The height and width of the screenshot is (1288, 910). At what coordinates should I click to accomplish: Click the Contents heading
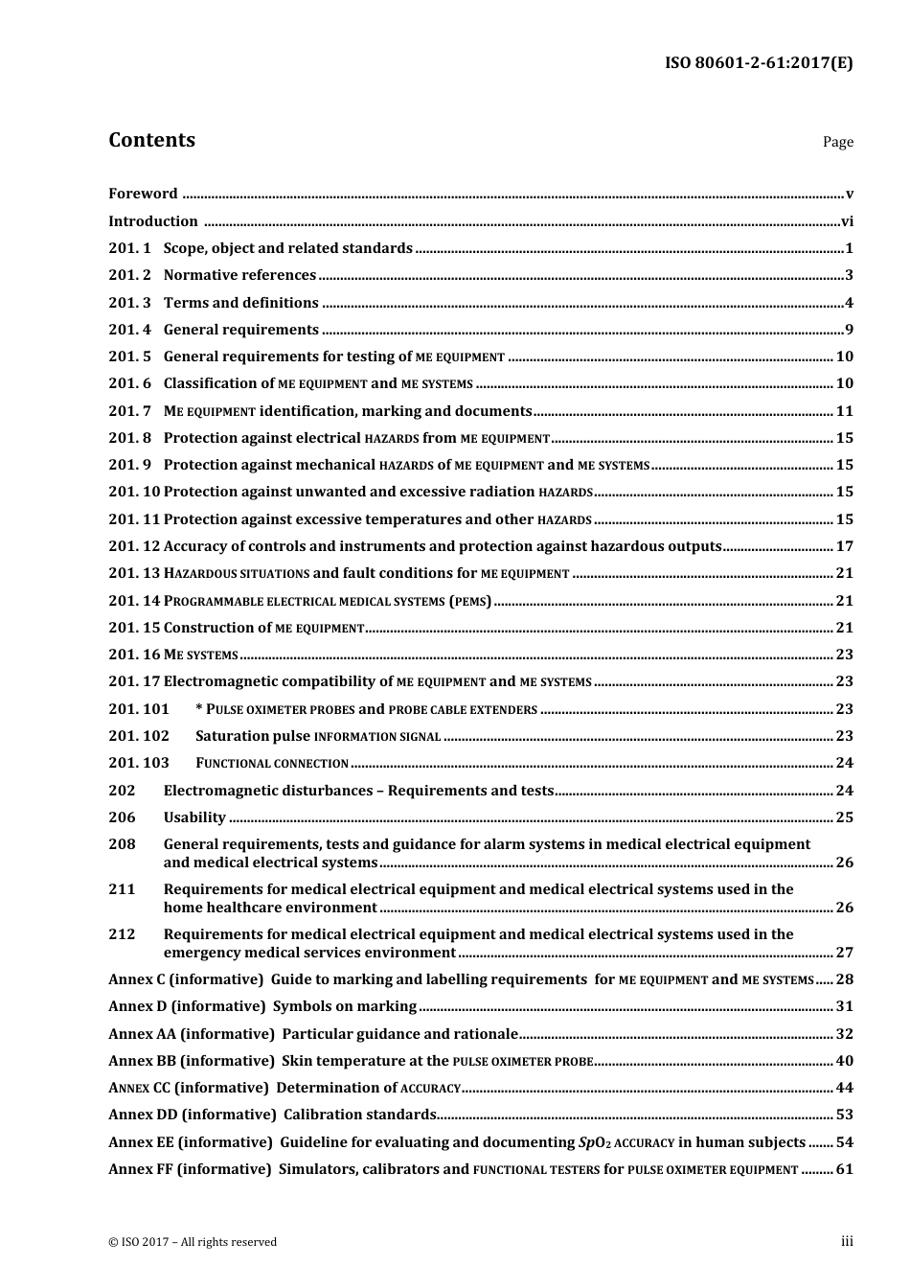(151, 140)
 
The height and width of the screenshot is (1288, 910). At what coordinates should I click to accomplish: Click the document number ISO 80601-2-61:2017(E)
(759, 63)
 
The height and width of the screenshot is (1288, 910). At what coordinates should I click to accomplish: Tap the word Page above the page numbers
(837, 142)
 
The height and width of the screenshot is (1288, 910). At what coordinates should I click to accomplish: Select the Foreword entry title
(143, 194)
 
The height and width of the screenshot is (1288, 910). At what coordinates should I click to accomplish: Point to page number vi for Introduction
(847, 221)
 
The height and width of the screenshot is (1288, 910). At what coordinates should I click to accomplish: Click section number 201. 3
(129, 303)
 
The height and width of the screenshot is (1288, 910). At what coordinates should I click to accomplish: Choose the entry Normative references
(239, 276)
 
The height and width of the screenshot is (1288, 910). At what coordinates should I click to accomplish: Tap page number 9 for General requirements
(849, 330)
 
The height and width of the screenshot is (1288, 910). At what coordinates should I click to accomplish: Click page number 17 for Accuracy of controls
(844, 546)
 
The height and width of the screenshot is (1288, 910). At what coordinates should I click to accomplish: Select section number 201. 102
(138, 736)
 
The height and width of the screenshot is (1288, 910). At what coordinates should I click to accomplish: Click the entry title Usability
(194, 817)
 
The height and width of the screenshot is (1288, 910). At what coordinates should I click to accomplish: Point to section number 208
(122, 844)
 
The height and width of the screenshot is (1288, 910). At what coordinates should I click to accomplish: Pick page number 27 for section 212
(844, 953)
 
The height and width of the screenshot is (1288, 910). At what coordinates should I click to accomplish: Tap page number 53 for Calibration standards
(844, 1115)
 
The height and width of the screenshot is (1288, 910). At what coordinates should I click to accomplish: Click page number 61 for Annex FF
(844, 1169)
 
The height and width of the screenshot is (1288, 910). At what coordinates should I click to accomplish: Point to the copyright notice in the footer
(193, 1242)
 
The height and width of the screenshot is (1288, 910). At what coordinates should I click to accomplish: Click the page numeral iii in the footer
(847, 1241)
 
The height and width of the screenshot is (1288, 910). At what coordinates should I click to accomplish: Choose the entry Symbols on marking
(345, 1006)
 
